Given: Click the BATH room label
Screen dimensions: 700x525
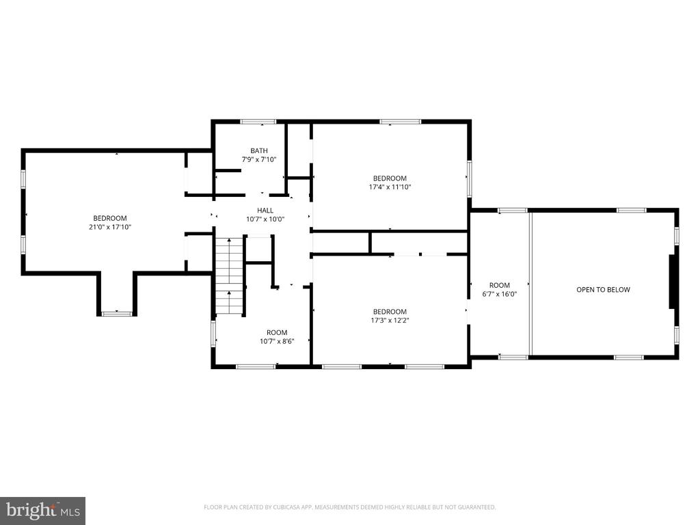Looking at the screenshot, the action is (259, 151).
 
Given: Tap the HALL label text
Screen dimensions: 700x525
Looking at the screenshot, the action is (265, 211).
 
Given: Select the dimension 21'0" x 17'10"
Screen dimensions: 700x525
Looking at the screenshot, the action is (110, 227).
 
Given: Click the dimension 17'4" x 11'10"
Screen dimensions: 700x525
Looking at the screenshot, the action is (390, 187).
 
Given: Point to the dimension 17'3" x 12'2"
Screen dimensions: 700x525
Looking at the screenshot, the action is (390, 320).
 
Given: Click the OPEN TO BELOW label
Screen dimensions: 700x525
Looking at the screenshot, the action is (603, 290).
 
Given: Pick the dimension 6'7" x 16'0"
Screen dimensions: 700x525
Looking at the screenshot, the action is (500, 294).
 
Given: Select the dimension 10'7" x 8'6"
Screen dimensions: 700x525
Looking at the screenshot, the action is (277, 341).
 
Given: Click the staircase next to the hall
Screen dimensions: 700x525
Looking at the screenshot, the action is (230, 276).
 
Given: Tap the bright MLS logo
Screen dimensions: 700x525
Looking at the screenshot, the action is (43, 510).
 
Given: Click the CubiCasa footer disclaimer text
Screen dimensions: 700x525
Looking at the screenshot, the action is (349, 507).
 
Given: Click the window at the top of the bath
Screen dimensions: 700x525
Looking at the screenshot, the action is (258, 122).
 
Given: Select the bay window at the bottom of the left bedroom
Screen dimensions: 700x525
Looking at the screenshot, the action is (117, 314).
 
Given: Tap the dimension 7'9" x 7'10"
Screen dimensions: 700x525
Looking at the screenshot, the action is (259, 159).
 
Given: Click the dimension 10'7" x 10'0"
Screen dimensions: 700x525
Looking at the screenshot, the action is (265, 219).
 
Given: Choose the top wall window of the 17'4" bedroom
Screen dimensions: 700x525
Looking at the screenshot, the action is (400, 122).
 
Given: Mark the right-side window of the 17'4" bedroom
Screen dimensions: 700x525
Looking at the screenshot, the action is (469, 178).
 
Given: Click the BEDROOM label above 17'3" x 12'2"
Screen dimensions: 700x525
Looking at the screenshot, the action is (390, 312).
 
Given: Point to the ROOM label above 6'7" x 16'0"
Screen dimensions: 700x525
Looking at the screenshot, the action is (500, 285).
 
